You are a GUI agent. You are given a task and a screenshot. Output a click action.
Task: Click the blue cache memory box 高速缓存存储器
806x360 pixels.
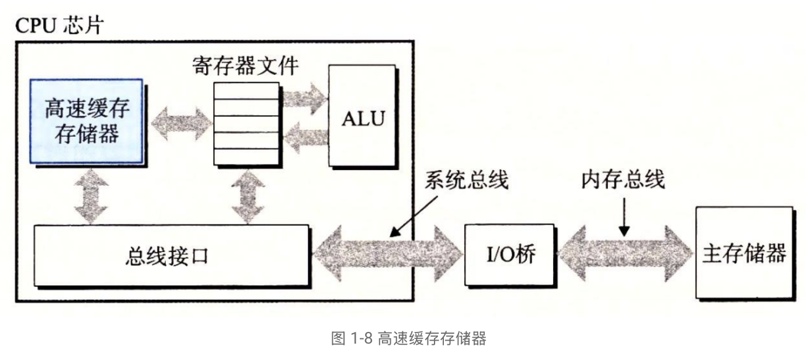coord(86,121)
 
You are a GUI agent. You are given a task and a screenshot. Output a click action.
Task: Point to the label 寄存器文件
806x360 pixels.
coord(245,65)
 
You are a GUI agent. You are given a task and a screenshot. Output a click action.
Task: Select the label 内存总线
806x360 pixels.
coord(623,180)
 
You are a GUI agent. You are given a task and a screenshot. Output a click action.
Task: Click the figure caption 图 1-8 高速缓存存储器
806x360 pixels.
coord(408,338)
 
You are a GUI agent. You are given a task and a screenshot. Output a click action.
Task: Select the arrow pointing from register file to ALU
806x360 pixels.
coord(304,95)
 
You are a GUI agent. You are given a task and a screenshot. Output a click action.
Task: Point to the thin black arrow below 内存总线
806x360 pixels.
coord(624,216)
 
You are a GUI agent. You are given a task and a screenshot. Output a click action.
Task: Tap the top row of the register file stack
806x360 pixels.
coord(245,91)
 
